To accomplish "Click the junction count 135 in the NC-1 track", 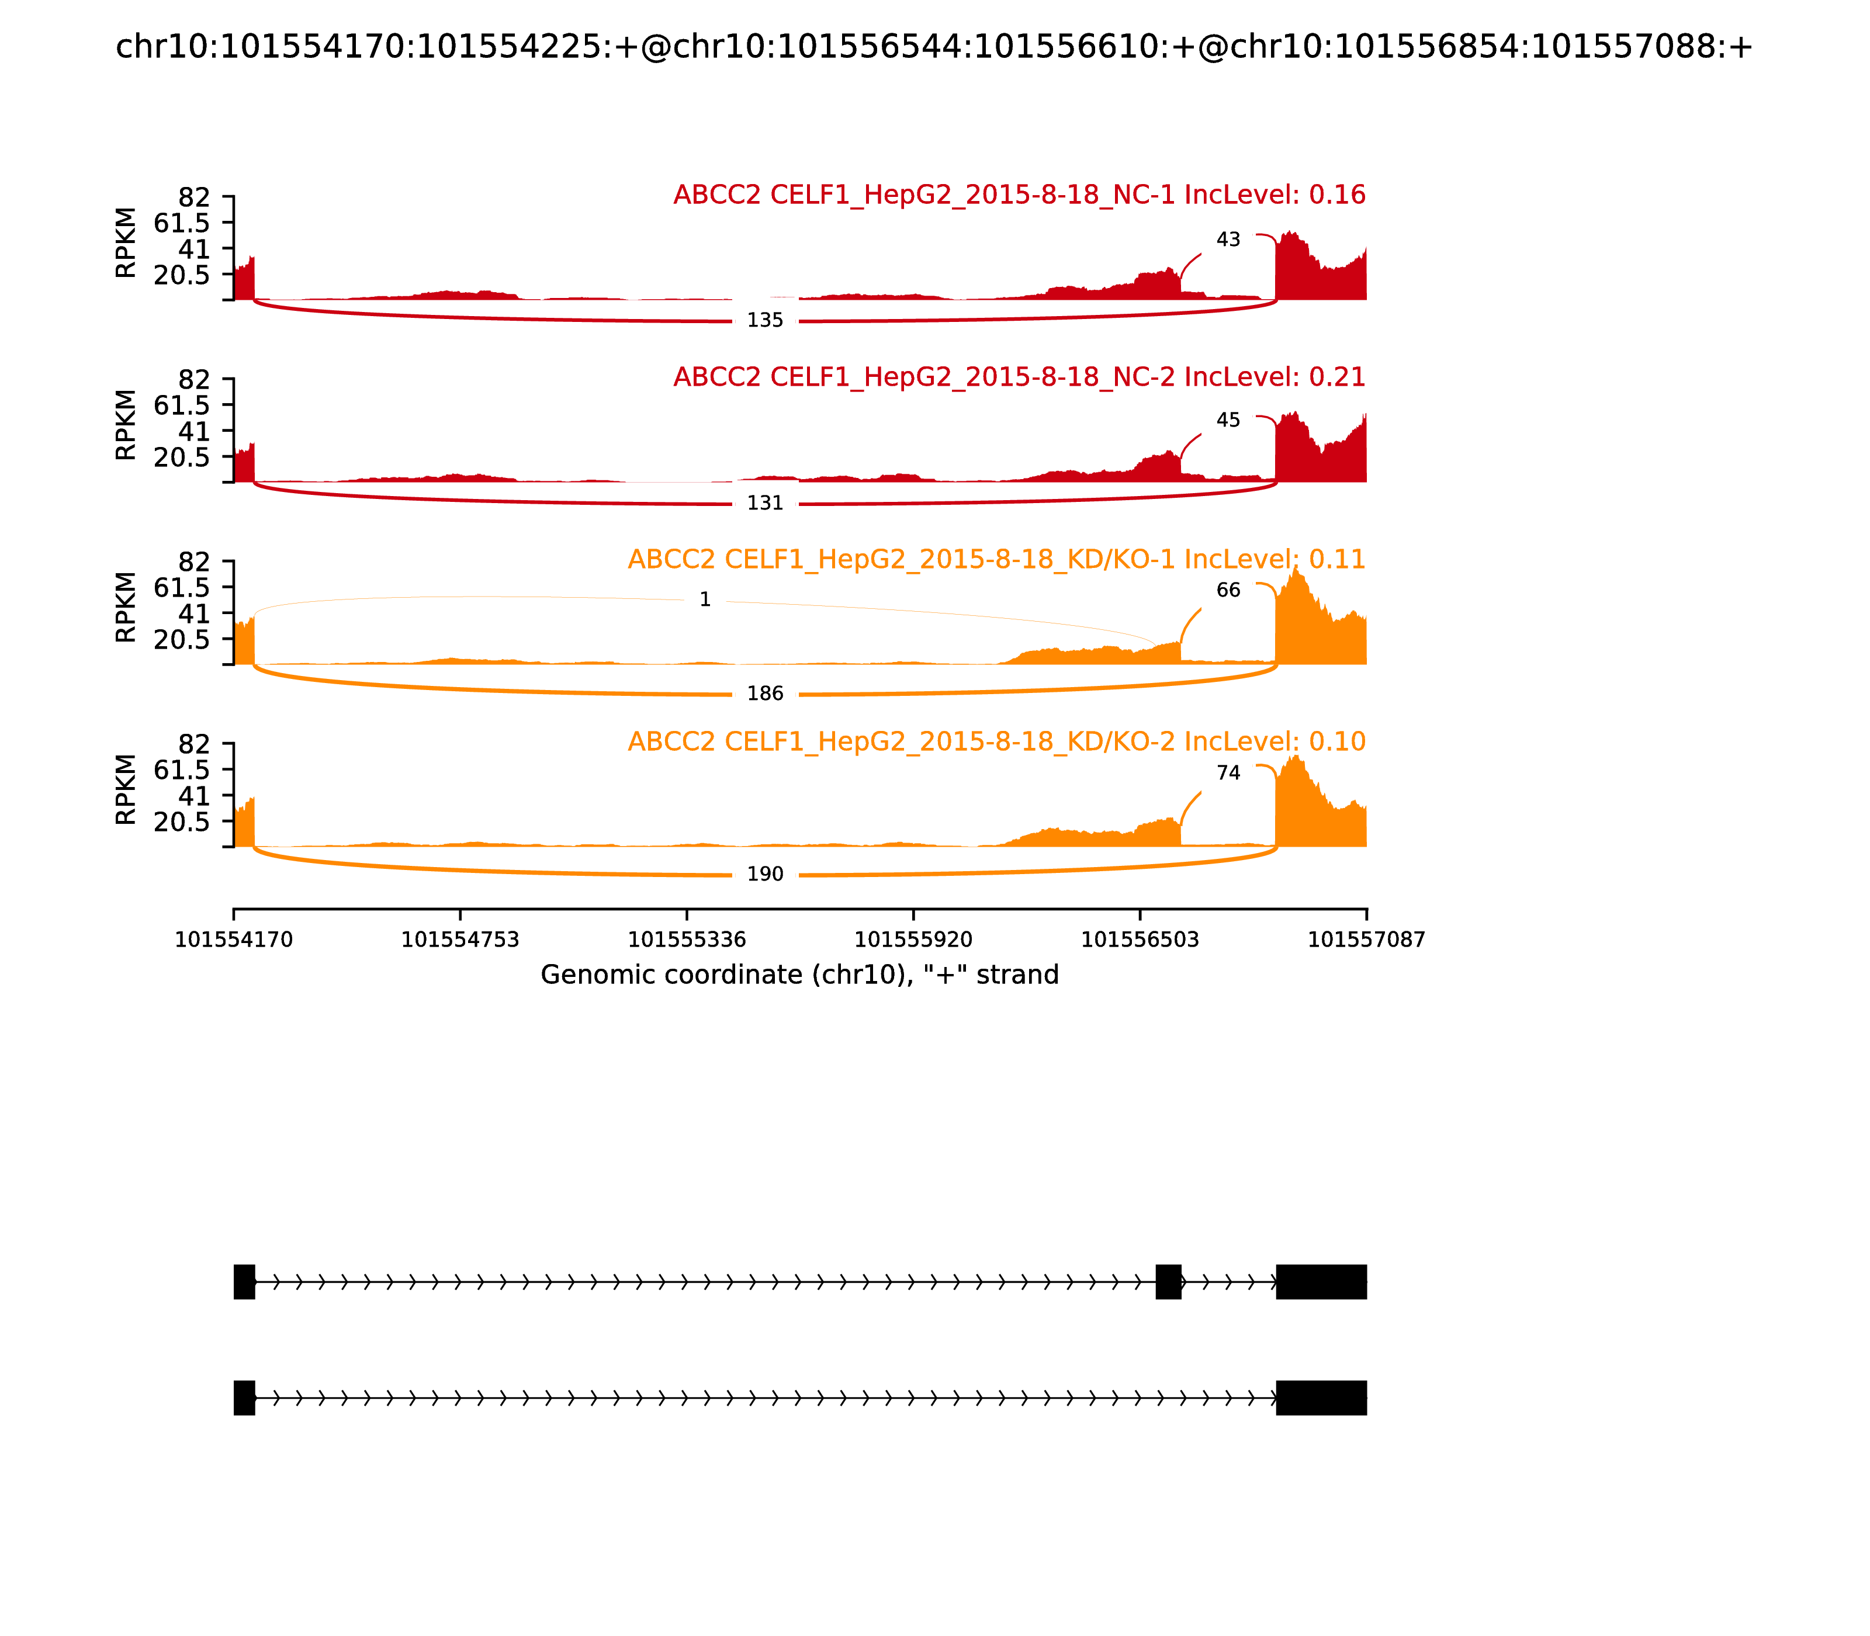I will coord(765,320).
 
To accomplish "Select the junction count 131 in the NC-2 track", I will coord(765,503).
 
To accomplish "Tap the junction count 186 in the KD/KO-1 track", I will coord(765,694).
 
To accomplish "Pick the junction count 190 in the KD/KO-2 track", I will coord(765,875).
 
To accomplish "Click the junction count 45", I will coord(1228,421).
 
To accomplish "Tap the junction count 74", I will coord(1228,773).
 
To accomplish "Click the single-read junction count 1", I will coord(705,600).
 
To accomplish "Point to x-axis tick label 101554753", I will coord(460,940).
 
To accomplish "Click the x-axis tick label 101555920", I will coord(913,940).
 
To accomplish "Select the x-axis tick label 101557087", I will coord(1366,940).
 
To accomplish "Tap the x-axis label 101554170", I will coord(234,940).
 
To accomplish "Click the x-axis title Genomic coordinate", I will coord(800,975).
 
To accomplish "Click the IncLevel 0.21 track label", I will coord(1019,377).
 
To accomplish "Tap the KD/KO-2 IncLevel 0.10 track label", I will coord(996,741).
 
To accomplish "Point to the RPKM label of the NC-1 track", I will coord(126,243).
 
